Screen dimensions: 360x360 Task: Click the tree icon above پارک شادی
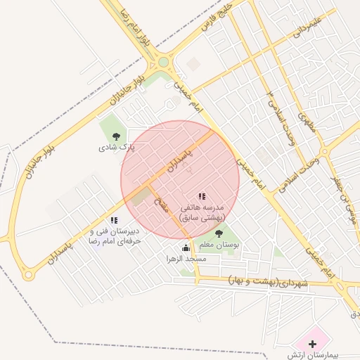click(116, 136)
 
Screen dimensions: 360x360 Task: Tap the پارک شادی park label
click(117, 148)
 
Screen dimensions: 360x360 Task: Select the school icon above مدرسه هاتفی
click(202, 197)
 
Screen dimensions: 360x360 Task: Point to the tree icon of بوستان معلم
click(219, 233)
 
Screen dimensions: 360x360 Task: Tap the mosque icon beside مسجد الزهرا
click(186, 247)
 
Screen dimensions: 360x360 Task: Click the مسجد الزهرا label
click(186, 259)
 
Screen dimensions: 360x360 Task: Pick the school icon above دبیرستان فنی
click(114, 220)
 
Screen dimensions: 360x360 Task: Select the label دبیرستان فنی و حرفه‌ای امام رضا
click(114, 236)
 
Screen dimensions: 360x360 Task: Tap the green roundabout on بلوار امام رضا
click(163, 62)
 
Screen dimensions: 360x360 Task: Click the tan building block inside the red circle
click(141, 196)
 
